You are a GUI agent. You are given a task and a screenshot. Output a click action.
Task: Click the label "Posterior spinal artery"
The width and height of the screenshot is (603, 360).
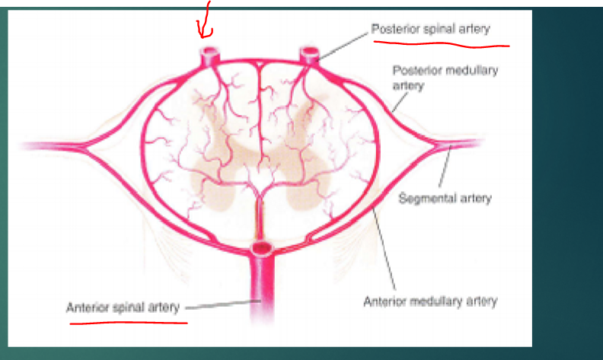coord(430,29)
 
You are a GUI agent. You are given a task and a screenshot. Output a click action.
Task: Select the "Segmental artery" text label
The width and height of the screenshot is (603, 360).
coord(445,199)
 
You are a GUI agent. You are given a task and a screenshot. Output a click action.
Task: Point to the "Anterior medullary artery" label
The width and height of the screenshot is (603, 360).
coord(431,301)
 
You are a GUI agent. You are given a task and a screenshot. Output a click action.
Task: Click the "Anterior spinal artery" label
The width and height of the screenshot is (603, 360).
coord(123,308)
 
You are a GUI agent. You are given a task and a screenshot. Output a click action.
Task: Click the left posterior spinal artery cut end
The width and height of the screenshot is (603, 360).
coord(209,54)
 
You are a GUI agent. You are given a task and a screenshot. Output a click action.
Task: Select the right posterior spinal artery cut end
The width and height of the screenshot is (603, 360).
coord(308,54)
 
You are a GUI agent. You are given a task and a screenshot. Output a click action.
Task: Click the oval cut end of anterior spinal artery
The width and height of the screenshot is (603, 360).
coord(261,247)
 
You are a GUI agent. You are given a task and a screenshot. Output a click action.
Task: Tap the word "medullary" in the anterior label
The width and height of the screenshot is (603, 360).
coord(439,301)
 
